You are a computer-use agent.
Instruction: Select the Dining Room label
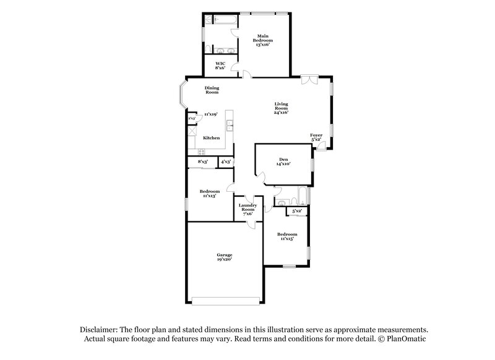[x=212, y=90]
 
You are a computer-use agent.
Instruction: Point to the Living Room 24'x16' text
[x=282, y=108]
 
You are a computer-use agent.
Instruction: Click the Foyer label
[x=317, y=137]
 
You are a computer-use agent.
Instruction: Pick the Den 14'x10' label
[x=283, y=162]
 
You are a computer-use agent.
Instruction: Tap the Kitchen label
[x=212, y=138]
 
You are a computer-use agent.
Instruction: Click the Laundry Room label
[x=247, y=209]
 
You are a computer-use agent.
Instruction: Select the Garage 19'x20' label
[x=225, y=257]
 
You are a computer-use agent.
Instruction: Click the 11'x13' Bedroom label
[x=210, y=194]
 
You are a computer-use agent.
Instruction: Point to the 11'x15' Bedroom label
[x=287, y=236]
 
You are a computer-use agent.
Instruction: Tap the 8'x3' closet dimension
[x=202, y=161]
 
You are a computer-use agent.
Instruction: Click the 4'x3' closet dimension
[x=226, y=161]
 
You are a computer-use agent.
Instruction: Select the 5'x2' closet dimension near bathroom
[x=297, y=212]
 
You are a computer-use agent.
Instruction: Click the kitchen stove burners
[x=201, y=152]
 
